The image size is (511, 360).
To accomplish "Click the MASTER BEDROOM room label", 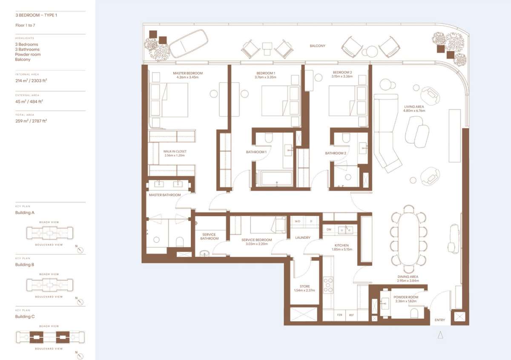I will pyautogui.click(x=188, y=73).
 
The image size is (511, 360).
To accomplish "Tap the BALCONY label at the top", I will pyautogui.click(x=318, y=46).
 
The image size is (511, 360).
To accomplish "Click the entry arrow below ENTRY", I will pyautogui.click(x=440, y=335).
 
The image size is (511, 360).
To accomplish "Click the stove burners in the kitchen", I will pyautogui.click(x=328, y=285).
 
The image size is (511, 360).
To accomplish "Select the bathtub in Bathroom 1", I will pyautogui.click(x=276, y=179).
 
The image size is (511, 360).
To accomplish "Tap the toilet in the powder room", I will pyautogui.click(x=414, y=313).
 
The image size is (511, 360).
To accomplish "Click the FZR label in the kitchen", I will pyautogui.click(x=339, y=315).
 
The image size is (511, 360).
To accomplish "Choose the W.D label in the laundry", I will pyautogui.click(x=297, y=221).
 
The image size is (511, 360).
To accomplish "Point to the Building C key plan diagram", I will pyautogui.click(x=51, y=337).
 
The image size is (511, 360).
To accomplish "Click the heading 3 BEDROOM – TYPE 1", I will pyautogui.click(x=36, y=14).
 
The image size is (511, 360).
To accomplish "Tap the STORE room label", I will pyautogui.click(x=304, y=286).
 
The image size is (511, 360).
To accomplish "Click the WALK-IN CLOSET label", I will pyautogui.click(x=175, y=151).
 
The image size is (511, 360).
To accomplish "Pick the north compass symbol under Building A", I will pyautogui.click(x=80, y=250).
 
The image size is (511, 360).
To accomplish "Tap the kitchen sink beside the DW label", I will pyautogui.click(x=345, y=230).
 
